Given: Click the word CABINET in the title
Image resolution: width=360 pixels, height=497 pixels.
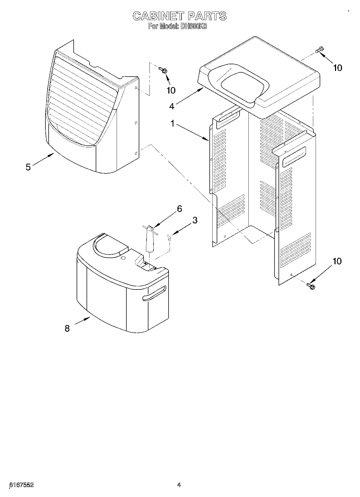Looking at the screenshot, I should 158,16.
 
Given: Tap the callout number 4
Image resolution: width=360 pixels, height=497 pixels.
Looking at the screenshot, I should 172,106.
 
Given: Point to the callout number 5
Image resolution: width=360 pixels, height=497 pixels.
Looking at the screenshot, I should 28,167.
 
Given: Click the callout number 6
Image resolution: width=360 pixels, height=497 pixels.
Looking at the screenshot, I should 179,209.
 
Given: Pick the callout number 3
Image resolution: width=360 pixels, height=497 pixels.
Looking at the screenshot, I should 195,220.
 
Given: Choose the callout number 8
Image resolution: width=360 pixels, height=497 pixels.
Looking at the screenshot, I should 67,328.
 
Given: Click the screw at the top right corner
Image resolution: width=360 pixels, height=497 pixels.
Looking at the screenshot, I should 320,50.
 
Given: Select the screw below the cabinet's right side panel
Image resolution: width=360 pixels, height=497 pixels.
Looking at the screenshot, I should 311,286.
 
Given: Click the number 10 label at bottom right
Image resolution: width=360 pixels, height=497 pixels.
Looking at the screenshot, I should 337,261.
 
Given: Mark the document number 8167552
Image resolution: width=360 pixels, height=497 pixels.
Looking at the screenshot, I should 22,485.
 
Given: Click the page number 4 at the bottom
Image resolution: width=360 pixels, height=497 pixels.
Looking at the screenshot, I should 179,485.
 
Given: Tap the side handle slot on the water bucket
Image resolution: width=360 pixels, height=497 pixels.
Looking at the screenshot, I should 154,293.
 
